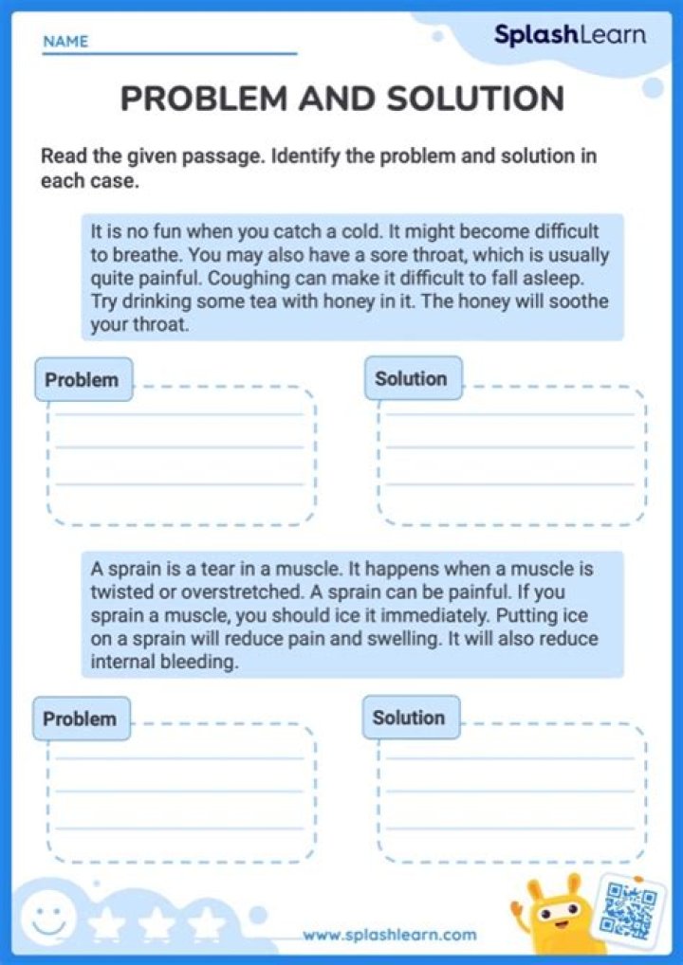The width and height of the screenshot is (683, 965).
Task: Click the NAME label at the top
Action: (65, 42)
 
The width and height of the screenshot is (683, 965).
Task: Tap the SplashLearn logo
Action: (569, 35)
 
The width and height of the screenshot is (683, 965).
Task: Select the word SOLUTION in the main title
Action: (472, 98)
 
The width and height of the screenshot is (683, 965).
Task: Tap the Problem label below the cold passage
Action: (83, 380)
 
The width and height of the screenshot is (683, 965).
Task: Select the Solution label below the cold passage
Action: (411, 378)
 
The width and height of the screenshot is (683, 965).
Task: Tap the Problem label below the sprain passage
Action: (80, 718)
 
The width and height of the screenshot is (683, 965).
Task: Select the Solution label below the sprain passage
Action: (409, 718)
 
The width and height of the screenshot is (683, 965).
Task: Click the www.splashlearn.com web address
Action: (390, 935)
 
